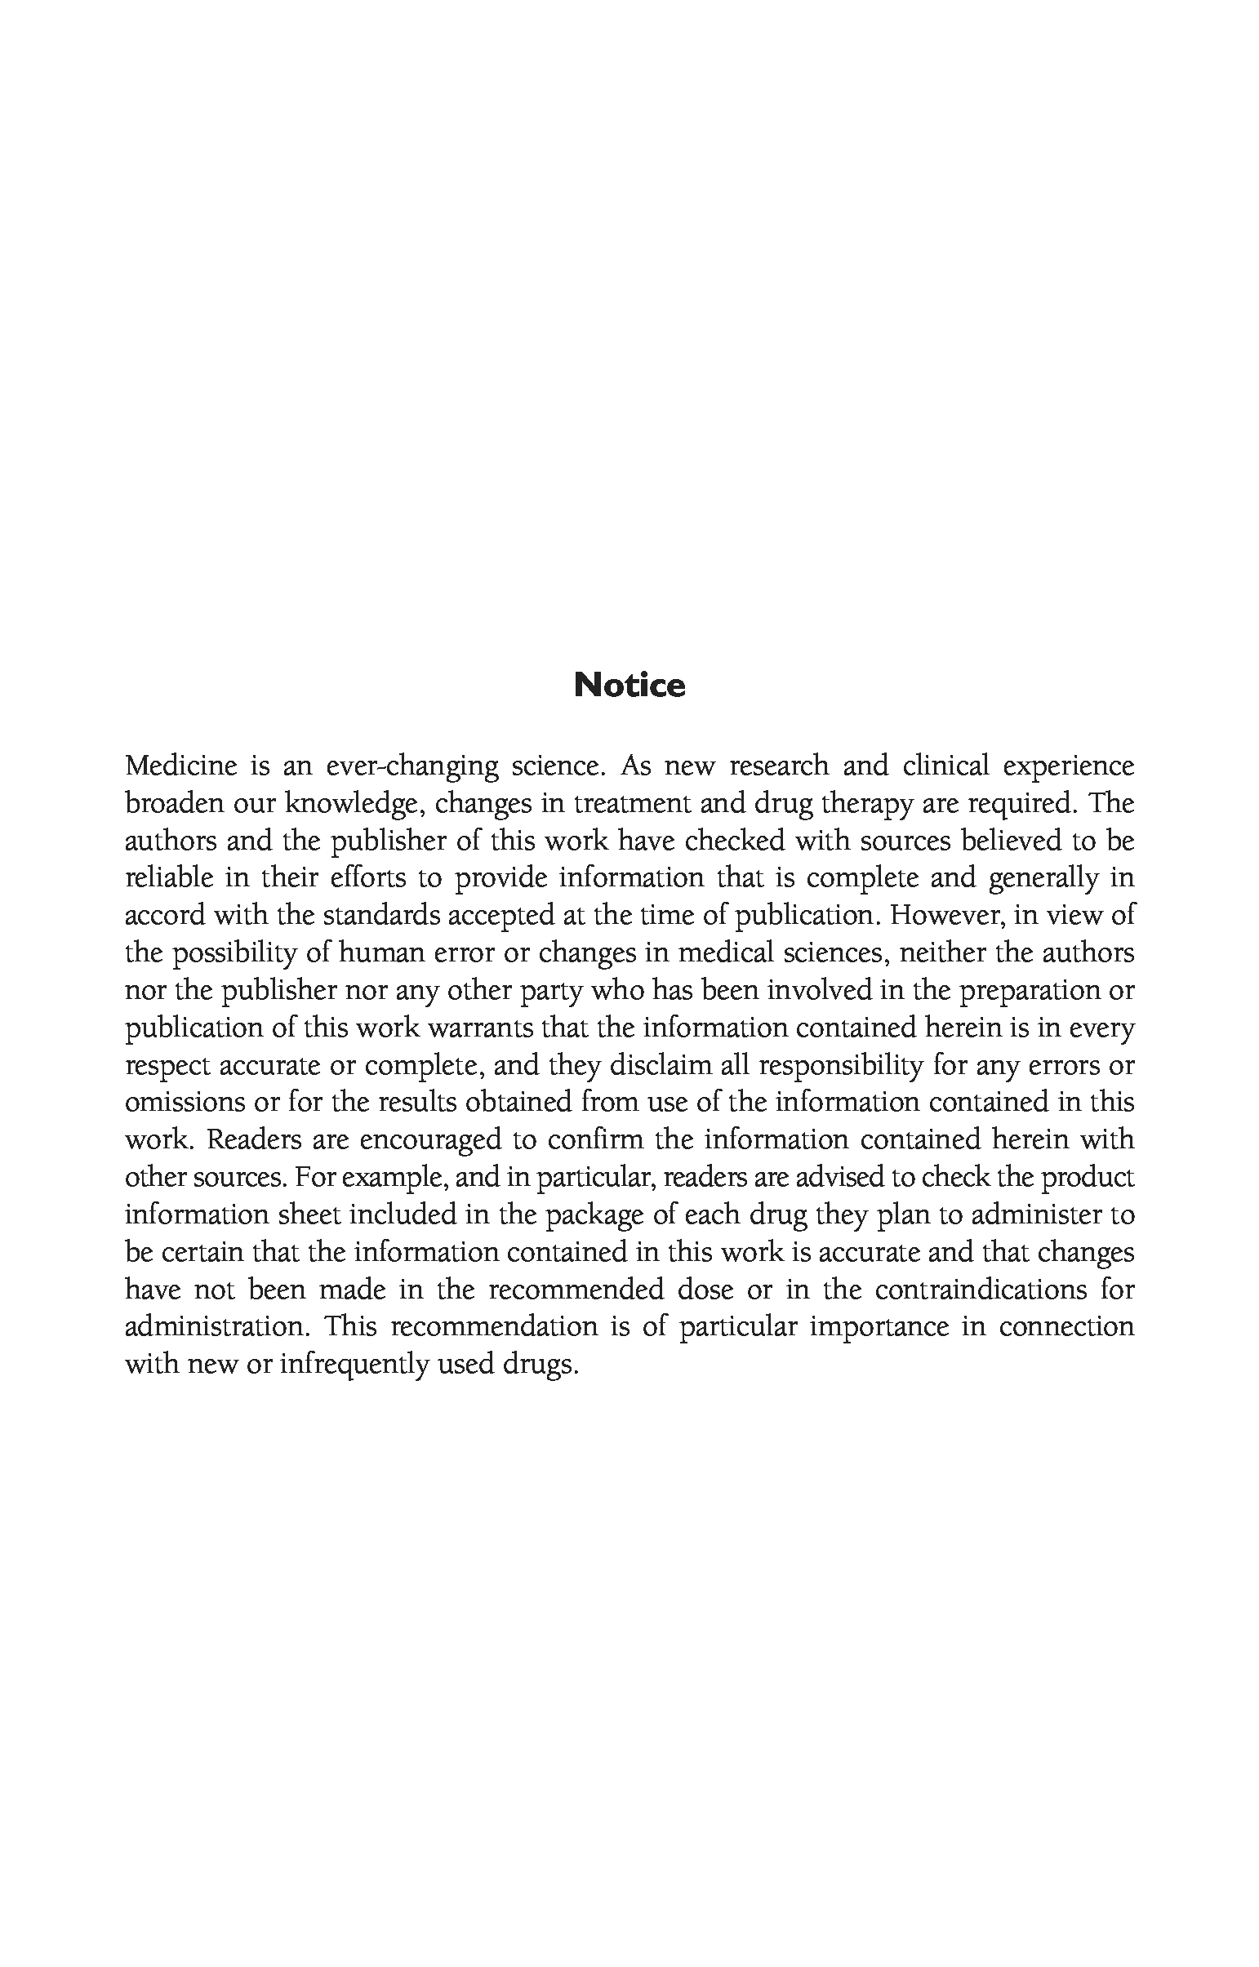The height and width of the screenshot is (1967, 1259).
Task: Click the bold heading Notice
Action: (x=629, y=685)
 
